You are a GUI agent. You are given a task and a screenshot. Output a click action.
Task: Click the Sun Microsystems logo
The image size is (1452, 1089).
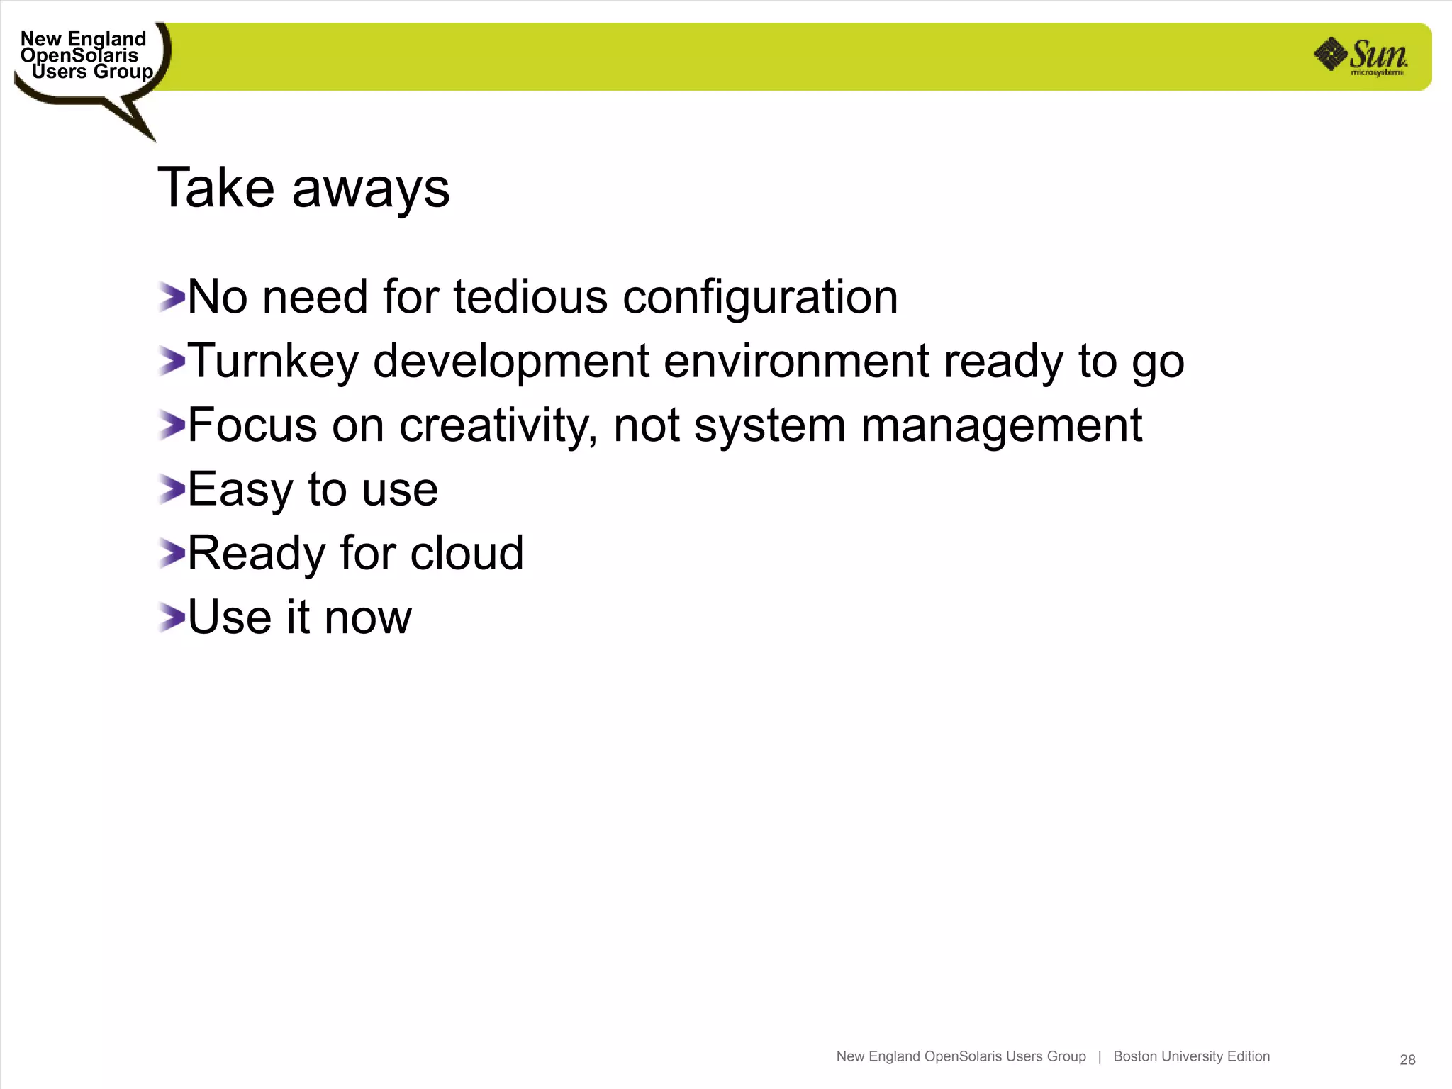1361,56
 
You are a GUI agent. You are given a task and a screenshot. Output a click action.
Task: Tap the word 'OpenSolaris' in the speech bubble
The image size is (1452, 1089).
79,55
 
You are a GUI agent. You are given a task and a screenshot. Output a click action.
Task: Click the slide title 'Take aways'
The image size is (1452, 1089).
303,188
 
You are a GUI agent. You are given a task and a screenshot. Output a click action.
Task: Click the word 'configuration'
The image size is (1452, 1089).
760,298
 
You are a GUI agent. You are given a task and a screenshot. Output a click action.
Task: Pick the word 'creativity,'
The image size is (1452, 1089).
498,426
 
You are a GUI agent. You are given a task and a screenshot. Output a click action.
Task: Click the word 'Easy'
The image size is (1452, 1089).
240,490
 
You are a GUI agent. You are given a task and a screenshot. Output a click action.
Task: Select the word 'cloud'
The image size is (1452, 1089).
467,553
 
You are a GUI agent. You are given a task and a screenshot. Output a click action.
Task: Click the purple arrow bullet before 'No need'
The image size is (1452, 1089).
171,297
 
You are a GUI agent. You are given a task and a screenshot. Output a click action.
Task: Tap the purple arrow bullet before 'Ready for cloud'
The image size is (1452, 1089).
171,553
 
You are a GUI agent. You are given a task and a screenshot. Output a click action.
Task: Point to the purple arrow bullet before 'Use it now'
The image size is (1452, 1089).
171,618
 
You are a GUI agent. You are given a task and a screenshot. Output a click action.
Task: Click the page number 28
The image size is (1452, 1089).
1407,1059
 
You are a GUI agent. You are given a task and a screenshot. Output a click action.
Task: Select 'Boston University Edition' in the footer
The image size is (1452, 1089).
1191,1056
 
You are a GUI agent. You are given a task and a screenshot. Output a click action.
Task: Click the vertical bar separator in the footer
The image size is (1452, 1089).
1100,1056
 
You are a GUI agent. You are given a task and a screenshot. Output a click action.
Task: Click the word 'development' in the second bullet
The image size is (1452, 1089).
510,362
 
